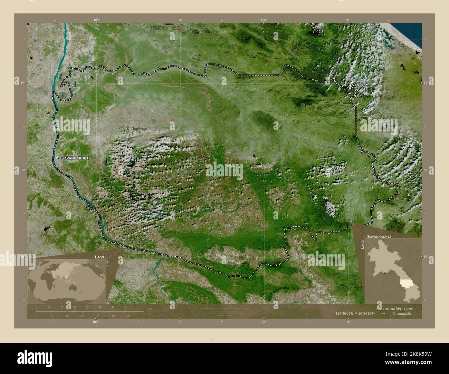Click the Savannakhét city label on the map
point(75,158)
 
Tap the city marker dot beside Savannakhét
point(58,158)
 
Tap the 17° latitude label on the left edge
point(22,83)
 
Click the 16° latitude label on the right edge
point(426,257)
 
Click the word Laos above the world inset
point(100,257)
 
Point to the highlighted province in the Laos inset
point(405,284)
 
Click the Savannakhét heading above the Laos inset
point(379,237)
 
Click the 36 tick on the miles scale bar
point(128,315)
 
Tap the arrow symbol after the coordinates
point(383,313)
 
